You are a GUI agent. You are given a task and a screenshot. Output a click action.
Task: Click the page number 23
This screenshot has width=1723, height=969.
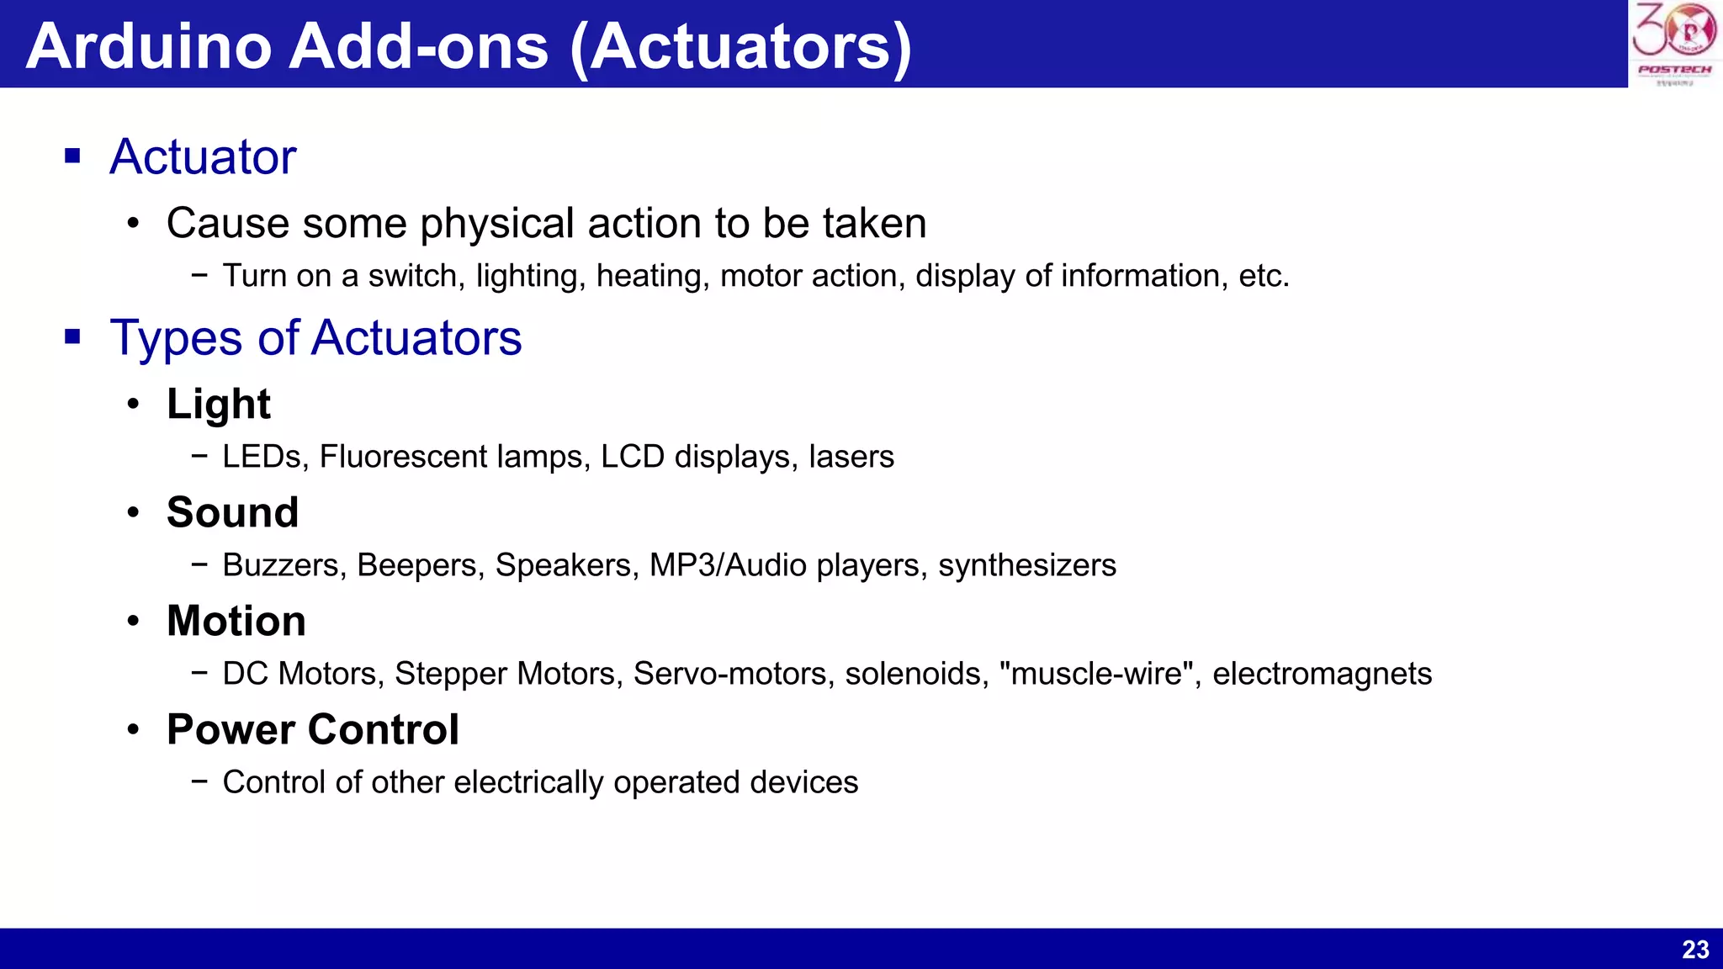pyautogui.click(x=1695, y=950)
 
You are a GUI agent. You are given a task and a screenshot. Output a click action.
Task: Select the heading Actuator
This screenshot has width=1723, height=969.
pyautogui.click(x=203, y=157)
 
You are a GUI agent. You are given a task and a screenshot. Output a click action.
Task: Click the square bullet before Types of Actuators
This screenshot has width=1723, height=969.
pyautogui.click(x=73, y=337)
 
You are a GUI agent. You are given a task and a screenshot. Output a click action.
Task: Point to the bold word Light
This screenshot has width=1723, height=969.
pyautogui.click(x=219, y=405)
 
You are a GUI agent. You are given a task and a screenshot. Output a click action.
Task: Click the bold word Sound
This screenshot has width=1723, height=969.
pyautogui.click(x=233, y=512)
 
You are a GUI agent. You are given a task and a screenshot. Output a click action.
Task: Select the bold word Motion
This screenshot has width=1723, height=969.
pyautogui.click(x=236, y=621)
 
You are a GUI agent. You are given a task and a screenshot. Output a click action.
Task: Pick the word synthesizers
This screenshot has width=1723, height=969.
pyautogui.click(x=1027, y=565)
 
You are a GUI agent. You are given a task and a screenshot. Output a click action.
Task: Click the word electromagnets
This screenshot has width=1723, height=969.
pyautogui.click(x=1322, y=674)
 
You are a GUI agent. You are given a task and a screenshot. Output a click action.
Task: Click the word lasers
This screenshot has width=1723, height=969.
pyautogui.click(x=851, y=457)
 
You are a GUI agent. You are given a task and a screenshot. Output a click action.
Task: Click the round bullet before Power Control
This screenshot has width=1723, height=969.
pyautogui.click(x=133, y=729)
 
